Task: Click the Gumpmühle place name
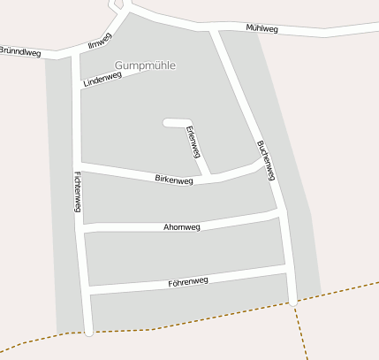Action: point(145,65)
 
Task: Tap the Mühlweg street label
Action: point(262,29)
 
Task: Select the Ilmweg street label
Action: point(100,41)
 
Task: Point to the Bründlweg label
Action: point(19,52)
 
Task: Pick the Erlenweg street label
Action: point(193,142)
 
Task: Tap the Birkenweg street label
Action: point(173,180)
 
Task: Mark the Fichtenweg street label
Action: point(78,191)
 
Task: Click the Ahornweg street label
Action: point(182,227)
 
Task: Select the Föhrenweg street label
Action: point(187,281)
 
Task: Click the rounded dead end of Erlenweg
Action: point(168,123)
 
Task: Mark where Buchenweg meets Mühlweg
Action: point(215,33)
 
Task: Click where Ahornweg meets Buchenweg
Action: point(281,213)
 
